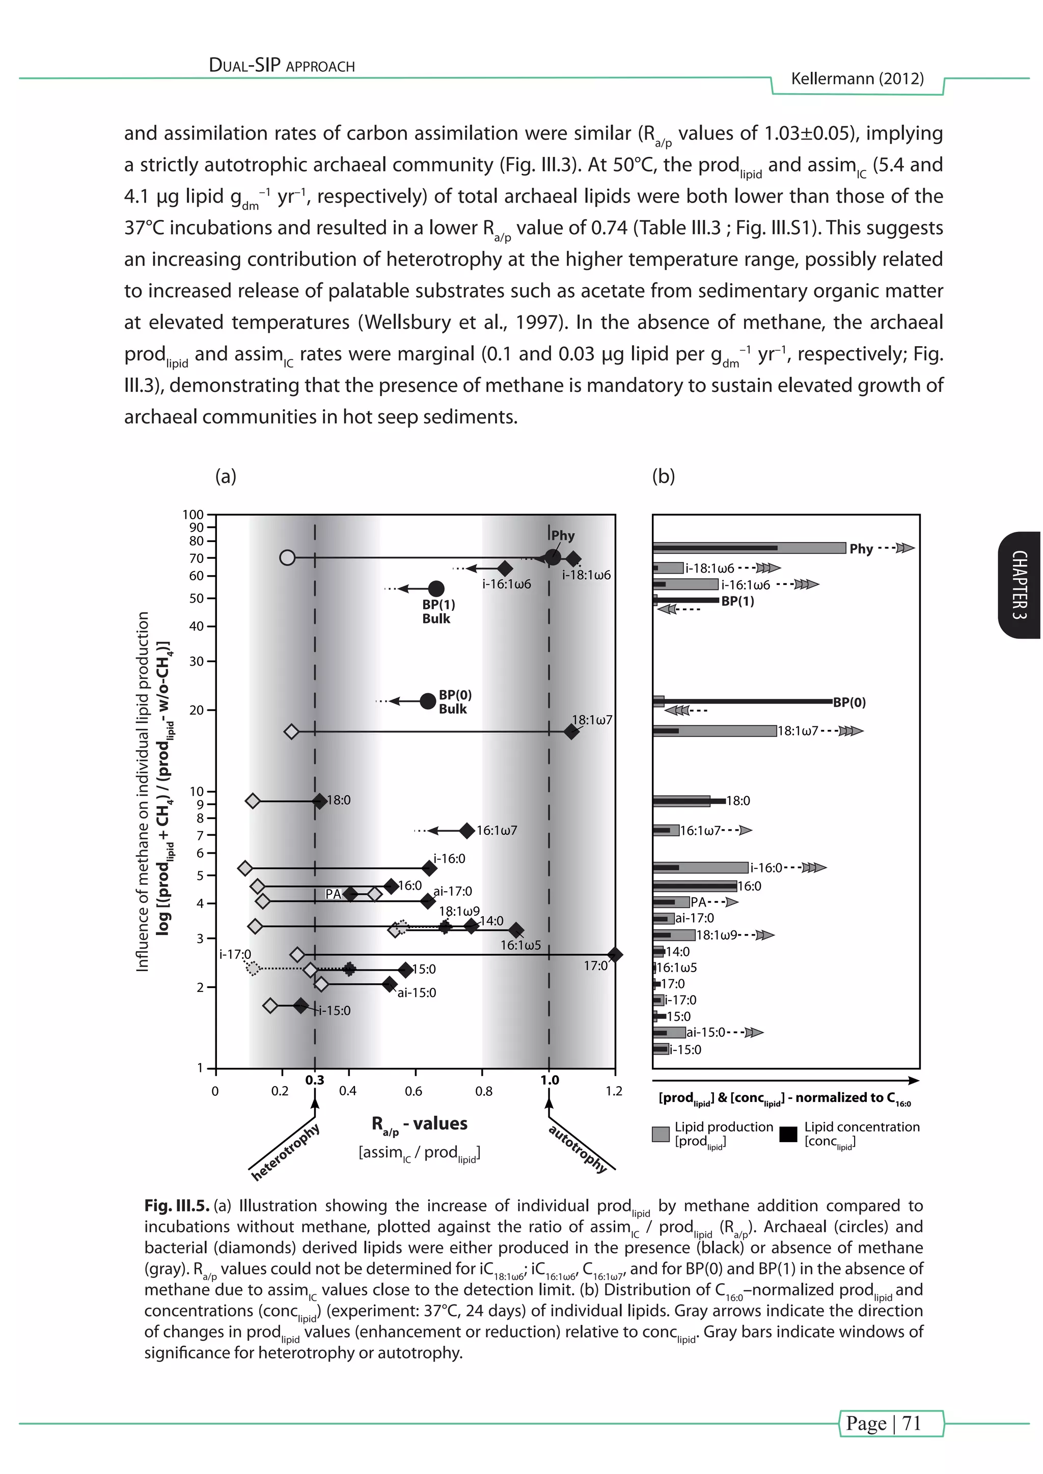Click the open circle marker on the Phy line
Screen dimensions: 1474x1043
pos(287,557)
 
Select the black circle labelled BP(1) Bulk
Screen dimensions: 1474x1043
pos(436,589)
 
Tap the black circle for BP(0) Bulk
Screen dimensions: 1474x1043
pos(428,701)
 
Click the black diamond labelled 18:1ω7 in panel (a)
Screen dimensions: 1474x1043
pos(571,731)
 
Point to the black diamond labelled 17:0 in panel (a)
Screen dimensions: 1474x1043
pos(615,955)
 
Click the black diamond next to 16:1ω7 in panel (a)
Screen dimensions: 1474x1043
pos(467,830)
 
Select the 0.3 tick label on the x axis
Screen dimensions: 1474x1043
pos(315,1081)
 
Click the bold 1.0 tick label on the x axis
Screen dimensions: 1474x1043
pos(549,1081)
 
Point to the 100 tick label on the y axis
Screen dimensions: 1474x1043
pos(193,515)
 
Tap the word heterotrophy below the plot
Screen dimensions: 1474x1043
pos(285,1153)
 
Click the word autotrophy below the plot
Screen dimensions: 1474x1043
pos(578,1149)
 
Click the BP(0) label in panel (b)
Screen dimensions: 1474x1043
pos(849,702)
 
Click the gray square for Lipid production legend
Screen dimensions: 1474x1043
pos(660,1135)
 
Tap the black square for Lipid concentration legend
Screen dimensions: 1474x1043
pos(788,1135)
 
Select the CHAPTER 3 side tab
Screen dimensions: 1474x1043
pos(1020,585)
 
